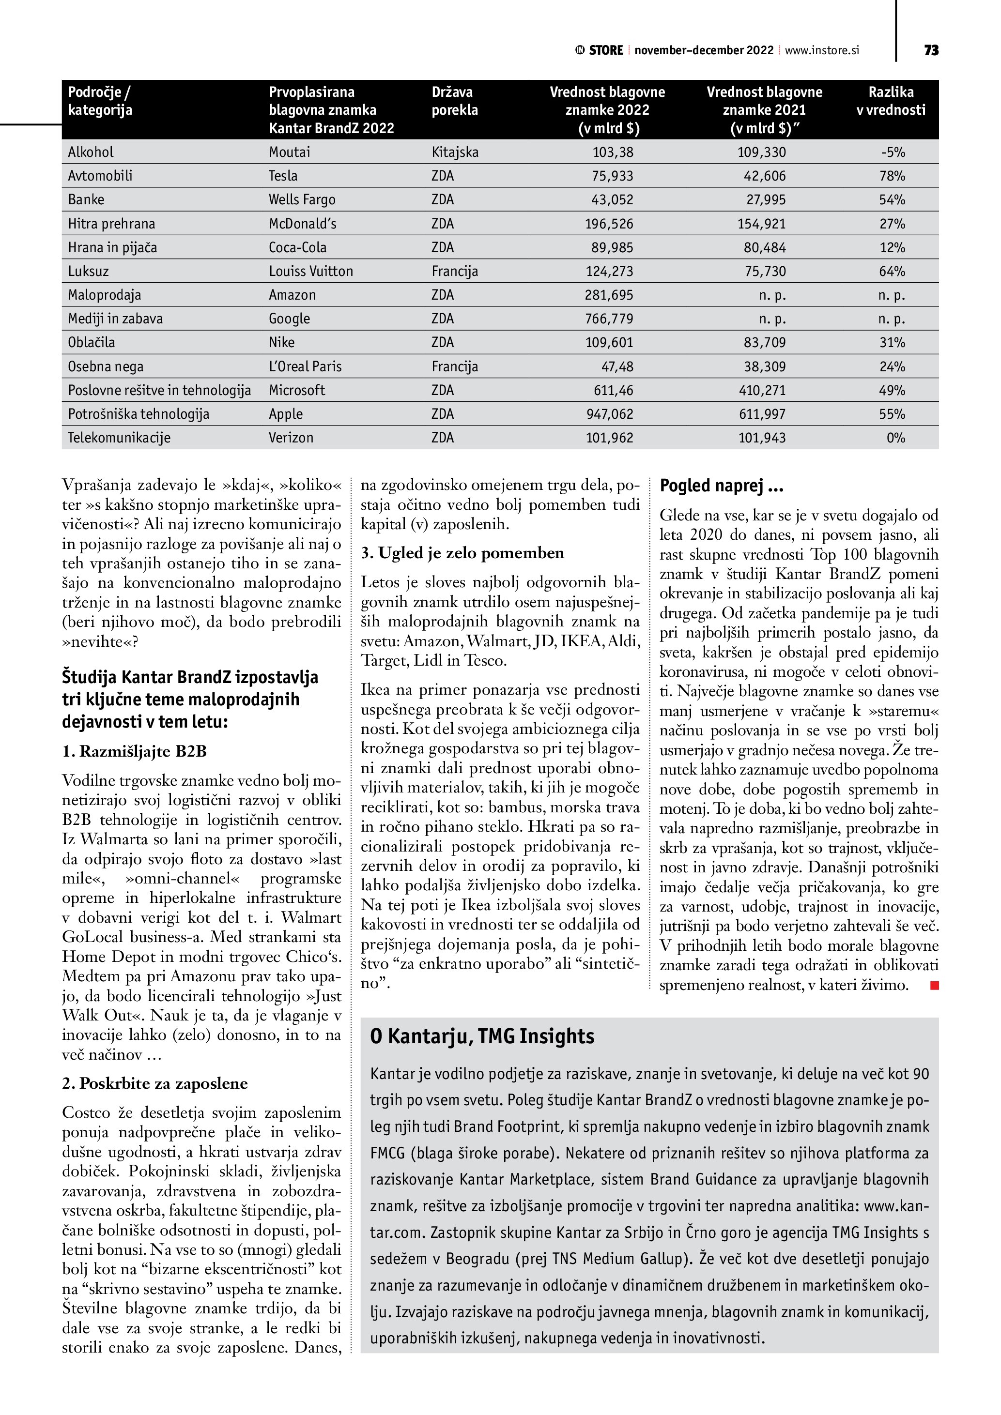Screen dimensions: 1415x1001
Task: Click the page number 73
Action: coord(931,50)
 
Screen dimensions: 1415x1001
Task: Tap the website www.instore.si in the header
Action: coord(822,50)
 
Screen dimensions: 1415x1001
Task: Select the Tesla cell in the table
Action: coord(283,176)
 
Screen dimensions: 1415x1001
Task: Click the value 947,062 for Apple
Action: coord(609,414)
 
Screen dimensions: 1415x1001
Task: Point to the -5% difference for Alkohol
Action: coord(893,152)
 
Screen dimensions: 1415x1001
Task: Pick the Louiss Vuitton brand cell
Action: coord(310,271)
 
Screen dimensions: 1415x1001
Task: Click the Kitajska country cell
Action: coord(455,152)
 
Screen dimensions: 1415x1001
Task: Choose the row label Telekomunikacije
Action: coord(119,438)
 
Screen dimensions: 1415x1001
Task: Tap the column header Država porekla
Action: coord(454,101)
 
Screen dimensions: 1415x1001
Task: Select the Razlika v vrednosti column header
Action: coord(891,101)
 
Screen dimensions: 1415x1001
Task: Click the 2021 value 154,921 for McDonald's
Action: coord(762,224)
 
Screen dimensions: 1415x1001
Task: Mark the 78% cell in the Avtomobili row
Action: coord(892,176)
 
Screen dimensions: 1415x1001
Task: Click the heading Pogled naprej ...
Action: coord(721,486)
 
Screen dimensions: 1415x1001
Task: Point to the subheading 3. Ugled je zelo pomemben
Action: coord(462,553)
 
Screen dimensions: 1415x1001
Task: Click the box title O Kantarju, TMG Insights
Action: coord(482,1036)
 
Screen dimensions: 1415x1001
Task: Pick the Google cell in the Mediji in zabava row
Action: coord(289,319)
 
